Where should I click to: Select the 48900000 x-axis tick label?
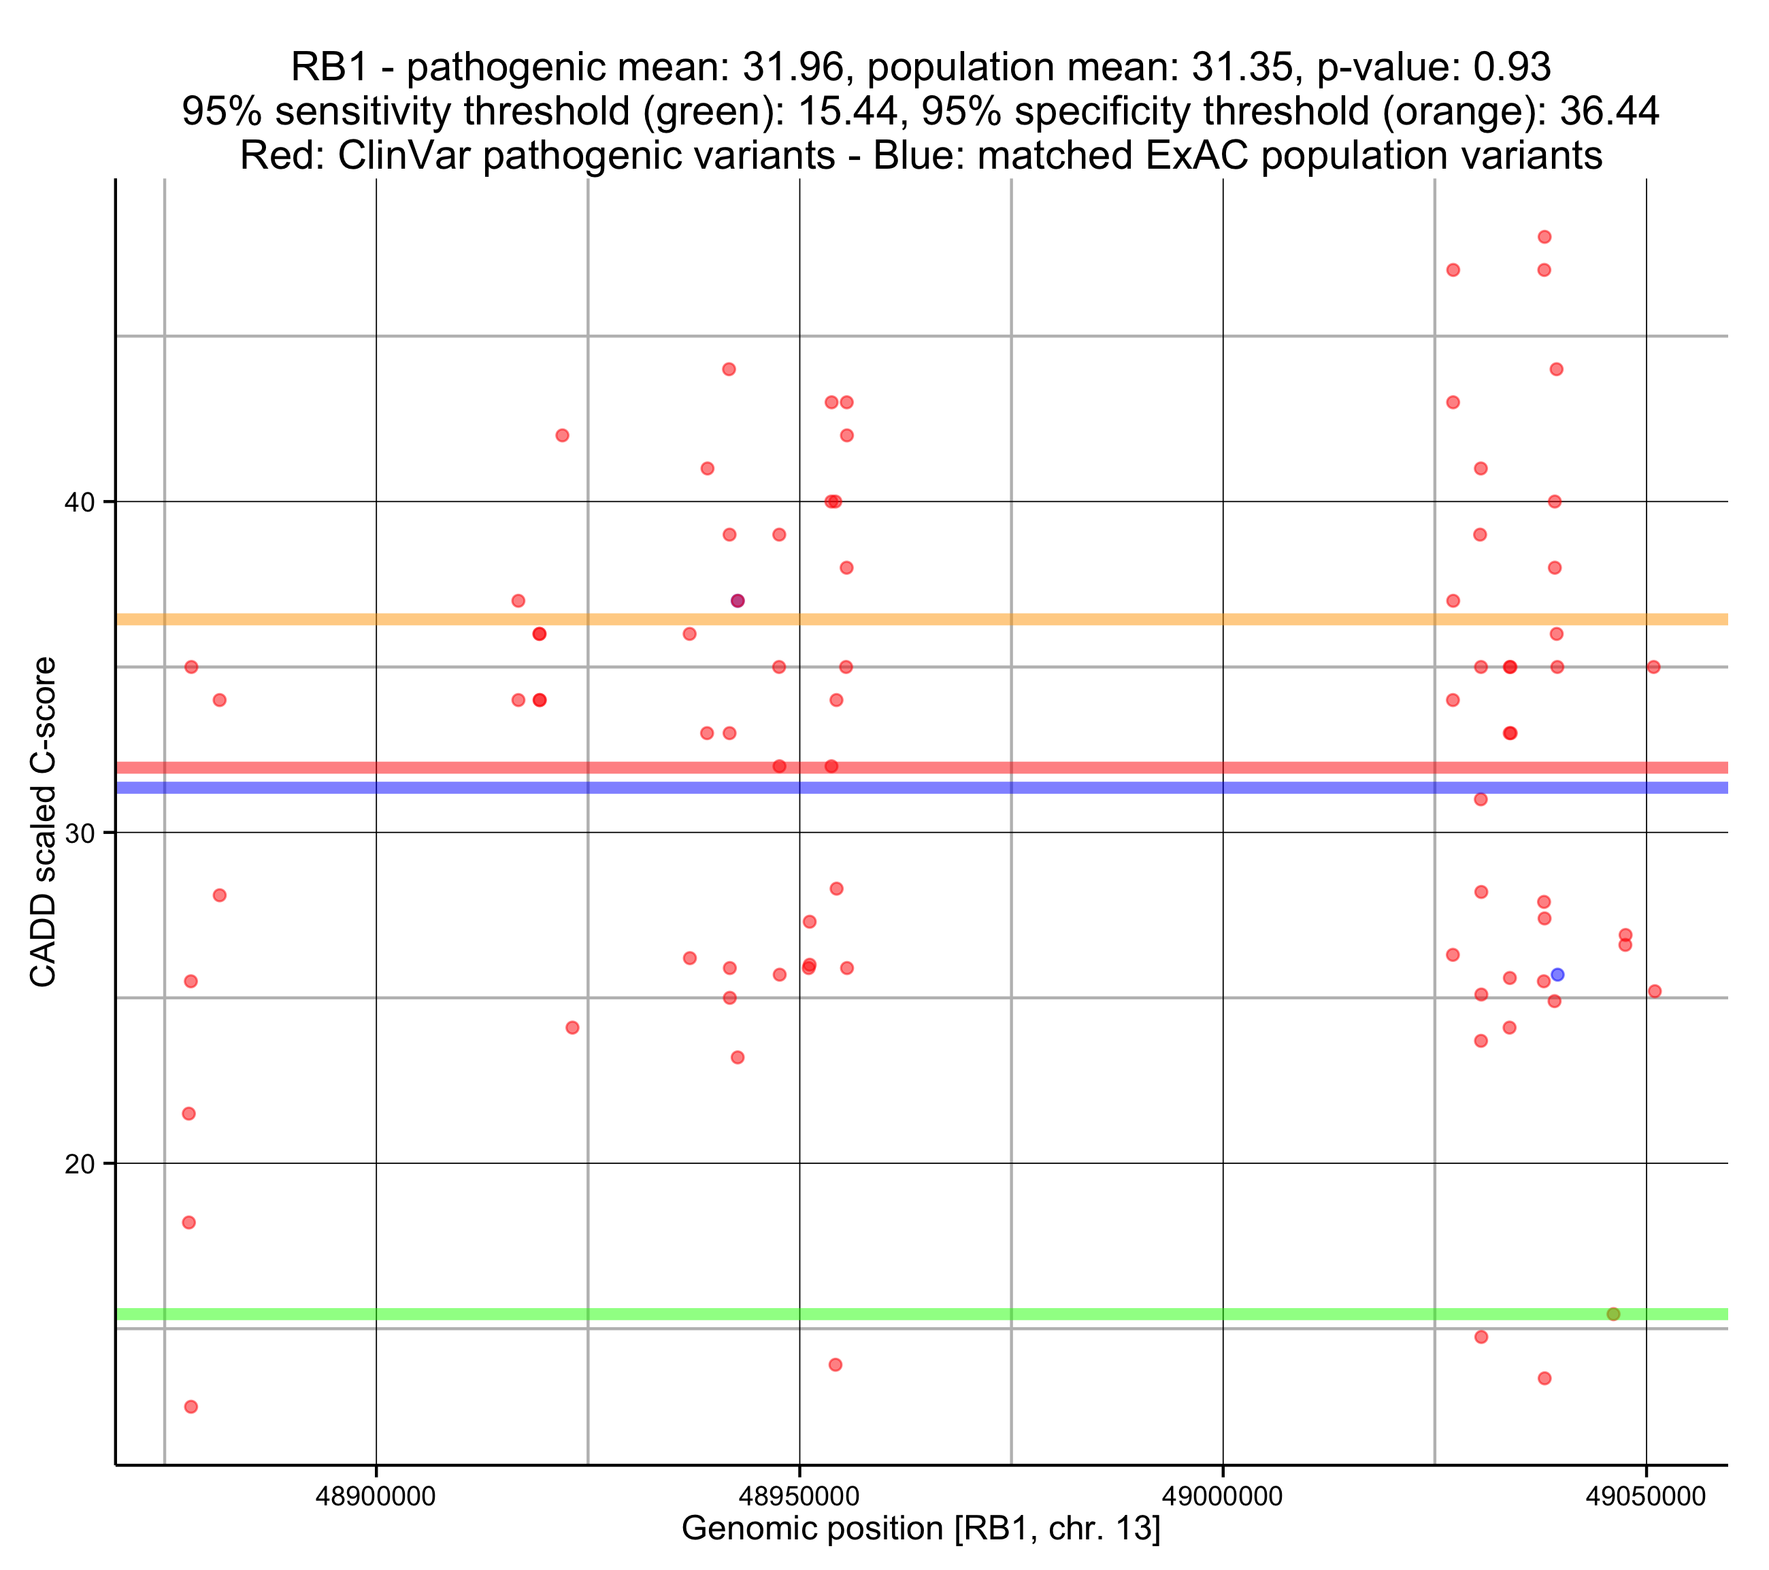coord(376,1497)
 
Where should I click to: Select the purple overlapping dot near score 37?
coord(738,601)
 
